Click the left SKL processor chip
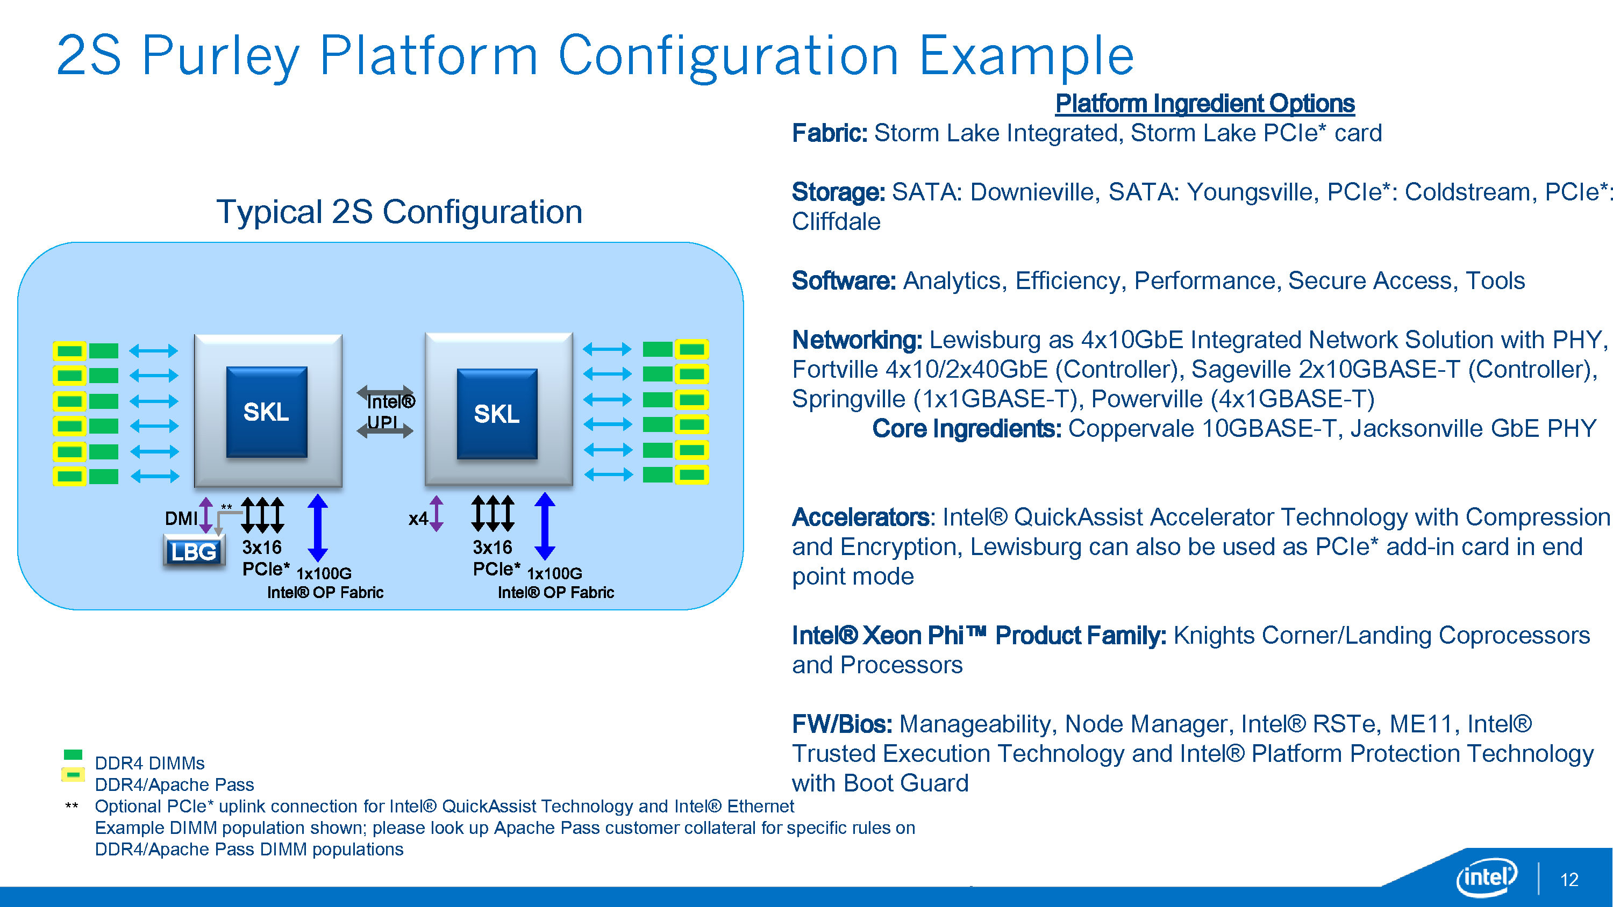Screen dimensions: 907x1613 pyautogui.click(x=267, y=412)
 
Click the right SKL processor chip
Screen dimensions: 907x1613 pyautogui.click(x=497, y=414)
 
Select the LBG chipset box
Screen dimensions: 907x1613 pyautogui.click(x=194, y=551)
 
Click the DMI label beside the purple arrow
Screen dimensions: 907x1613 pyautogui.click(x=180, y=519)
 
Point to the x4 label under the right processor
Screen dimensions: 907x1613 pyautogui.click(x=418, y=519)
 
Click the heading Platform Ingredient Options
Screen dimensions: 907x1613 pyautogui.click(x=1204, y=104)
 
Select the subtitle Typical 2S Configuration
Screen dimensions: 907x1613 pyautogui.click(x=399, y=212)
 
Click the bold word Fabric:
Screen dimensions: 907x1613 pyautogui.click(x=829, y=133)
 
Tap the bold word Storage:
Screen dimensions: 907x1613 pyautogui.click(x=838, y=192)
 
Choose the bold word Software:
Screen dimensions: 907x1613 pyautogui.click(x=844, y=281)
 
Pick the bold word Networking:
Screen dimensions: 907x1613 pyautogui.click(x=857, y=340)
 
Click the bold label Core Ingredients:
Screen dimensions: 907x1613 pyautogui.click(x=966, y=429)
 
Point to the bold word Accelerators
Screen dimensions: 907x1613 pyautogui.click(x=860, y=517)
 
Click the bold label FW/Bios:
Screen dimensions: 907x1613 pyautogui.click(x=841, y=724)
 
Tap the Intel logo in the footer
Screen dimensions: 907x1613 pyautogui.click(x=1487, y=877)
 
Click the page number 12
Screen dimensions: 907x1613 pyautogui.click(x=1569, y=880)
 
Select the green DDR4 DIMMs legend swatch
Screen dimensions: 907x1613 pyautogui.click(x=73, y=755)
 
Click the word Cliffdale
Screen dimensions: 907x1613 pyautogui.click(x=836, y=221)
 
